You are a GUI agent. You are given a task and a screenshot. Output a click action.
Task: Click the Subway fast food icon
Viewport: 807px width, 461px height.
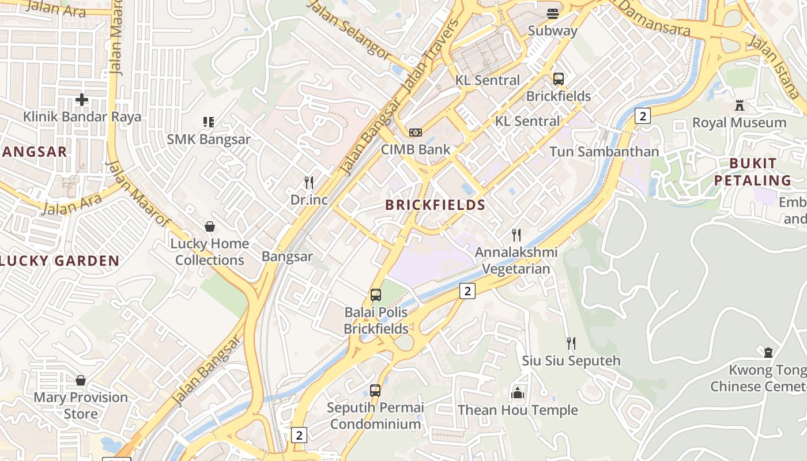coord(553,14)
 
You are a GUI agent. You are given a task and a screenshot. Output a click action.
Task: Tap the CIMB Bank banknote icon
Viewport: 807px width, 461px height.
coord(416,133)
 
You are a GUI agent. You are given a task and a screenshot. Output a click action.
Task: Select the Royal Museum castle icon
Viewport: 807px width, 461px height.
coord(740,105)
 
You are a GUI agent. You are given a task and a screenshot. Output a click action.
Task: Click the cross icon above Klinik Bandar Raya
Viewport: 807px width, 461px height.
coord(82,100)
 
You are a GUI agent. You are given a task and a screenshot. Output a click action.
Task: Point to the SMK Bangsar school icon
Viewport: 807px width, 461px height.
coord(209,122)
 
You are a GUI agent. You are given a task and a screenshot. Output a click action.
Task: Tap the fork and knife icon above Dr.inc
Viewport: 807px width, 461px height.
coord(309,183)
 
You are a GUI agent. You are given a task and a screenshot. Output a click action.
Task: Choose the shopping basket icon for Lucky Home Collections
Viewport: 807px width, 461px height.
coord(210,226)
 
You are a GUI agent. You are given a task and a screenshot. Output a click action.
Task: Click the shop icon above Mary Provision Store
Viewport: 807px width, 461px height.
coord(81,380)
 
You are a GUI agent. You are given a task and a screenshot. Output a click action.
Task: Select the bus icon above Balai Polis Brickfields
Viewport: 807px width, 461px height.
coord(376,295)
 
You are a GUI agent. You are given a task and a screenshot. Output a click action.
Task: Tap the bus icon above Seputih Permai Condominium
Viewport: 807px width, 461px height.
coord(375,391)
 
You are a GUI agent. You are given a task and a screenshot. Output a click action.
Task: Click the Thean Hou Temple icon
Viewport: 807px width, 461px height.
coord(517,394)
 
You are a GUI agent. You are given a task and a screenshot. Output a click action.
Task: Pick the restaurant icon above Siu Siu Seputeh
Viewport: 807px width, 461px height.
coord(571,343)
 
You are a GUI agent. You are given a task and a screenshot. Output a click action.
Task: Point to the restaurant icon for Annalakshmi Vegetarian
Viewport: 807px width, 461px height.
coord(516,235)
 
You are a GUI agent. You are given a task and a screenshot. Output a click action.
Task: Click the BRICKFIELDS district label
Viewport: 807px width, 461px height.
coord(435,205)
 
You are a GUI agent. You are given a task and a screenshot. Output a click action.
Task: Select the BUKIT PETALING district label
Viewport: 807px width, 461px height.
coord(753,172)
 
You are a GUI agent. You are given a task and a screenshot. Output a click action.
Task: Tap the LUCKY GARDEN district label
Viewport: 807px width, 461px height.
coord(59,261)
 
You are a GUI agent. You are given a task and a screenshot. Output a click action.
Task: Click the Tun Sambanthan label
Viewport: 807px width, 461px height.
coord(604,152)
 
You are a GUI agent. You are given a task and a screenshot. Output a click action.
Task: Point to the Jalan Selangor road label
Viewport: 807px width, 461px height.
coord(349,29)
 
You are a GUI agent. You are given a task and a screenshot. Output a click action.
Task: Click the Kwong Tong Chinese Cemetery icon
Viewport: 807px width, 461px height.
coord(768,353)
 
